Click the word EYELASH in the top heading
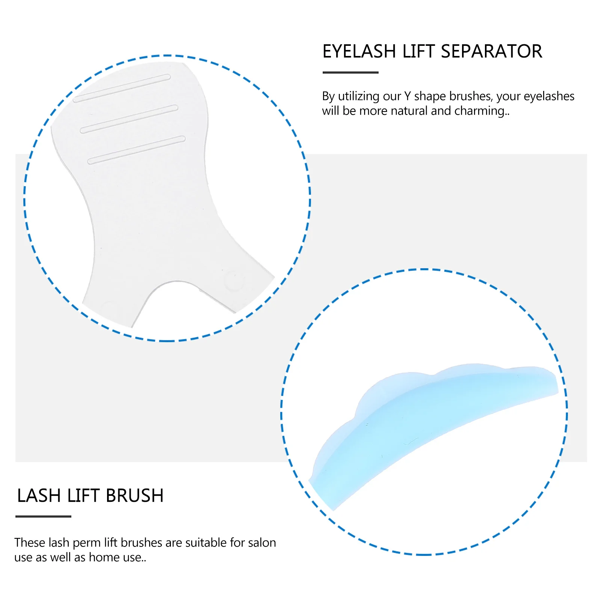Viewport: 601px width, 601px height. (359, 51)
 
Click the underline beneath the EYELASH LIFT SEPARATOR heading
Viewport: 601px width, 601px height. (350, 72)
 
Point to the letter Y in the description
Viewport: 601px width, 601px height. (407, 97)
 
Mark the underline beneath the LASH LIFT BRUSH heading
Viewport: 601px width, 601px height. (43, 516)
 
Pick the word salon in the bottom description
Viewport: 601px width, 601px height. (260, 543)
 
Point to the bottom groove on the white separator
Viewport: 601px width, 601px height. (136, 150)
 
